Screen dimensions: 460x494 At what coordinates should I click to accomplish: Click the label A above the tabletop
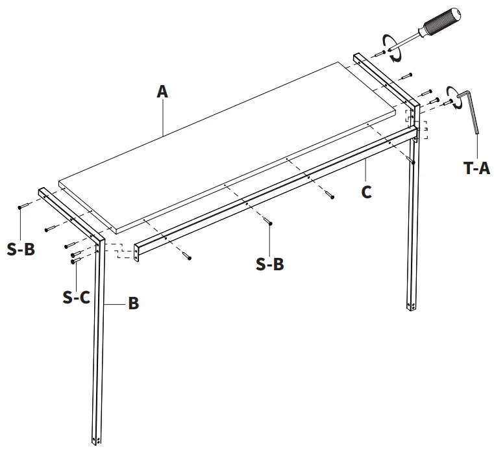[x=162, y=92]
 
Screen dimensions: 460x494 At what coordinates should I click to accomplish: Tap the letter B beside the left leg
[x=133, y=303]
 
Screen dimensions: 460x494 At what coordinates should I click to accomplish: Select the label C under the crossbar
[x=367, y=192]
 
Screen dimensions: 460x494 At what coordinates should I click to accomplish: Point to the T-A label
[x=476, y=168]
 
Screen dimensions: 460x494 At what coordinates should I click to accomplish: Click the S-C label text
[x=76, y=297]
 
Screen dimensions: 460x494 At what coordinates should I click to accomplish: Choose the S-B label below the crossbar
[x=269, y=264]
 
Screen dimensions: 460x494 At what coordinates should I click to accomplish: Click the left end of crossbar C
[x=137, y=253]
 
